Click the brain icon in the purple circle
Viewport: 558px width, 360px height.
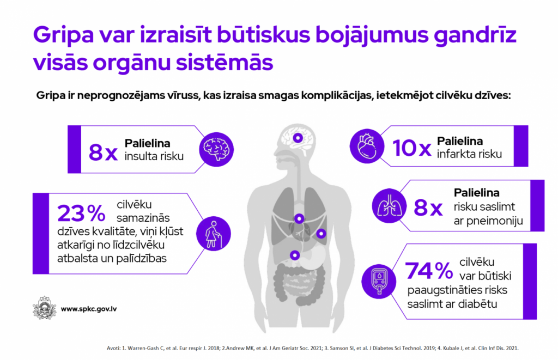[216, 149]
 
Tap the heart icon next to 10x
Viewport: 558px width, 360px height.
[367, 146]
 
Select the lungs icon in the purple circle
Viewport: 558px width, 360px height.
[389, 206]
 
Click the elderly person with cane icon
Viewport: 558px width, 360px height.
[213, 234]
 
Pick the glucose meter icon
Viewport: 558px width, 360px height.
[379, 282]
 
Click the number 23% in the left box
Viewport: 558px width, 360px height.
[81, 213]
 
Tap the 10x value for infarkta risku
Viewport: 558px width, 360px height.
[412, 148]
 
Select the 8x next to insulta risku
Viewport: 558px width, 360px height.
[103, 152]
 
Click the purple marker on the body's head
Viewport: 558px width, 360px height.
[298, 138]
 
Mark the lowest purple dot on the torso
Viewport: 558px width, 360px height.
[295, 255]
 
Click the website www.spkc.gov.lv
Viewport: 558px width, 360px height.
[89, 309]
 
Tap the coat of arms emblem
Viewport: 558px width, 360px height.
[45, 308]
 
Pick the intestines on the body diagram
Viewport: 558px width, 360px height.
[300, 285]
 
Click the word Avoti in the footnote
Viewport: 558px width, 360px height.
[113, 348]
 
